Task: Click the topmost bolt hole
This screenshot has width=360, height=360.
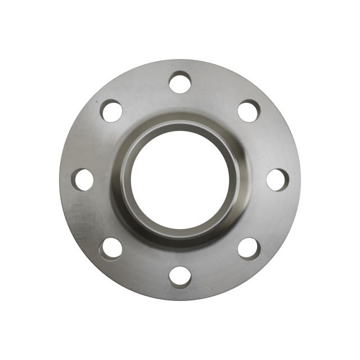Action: pos(180,83)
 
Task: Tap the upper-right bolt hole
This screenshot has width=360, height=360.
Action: pos(249,111)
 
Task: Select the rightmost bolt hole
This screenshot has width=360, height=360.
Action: pos(277,180)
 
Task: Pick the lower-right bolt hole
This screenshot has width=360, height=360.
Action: pos(249,249)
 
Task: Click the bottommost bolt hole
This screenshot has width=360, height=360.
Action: pos(180,277)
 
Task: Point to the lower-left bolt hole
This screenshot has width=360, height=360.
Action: pos(111,249)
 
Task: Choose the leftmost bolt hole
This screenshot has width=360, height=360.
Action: pos(83,180)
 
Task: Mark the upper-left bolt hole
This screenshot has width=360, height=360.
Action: pos(111,111)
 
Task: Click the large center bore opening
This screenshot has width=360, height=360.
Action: pos(180,180)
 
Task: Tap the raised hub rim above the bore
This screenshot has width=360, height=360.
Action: pos(180,125)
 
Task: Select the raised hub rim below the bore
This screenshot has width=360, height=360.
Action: pos(180,235)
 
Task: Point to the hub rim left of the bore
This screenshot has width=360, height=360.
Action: pos(125,180)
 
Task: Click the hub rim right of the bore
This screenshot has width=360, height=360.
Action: pos(235,180)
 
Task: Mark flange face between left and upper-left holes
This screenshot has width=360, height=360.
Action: pos(90,143)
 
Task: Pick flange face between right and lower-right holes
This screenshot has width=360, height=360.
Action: pos(270,217)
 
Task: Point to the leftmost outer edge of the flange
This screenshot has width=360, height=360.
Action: pos(61,180)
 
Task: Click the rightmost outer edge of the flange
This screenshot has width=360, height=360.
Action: pos(299,180)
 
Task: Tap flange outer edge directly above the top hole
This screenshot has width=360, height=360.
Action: pos(180,61)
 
